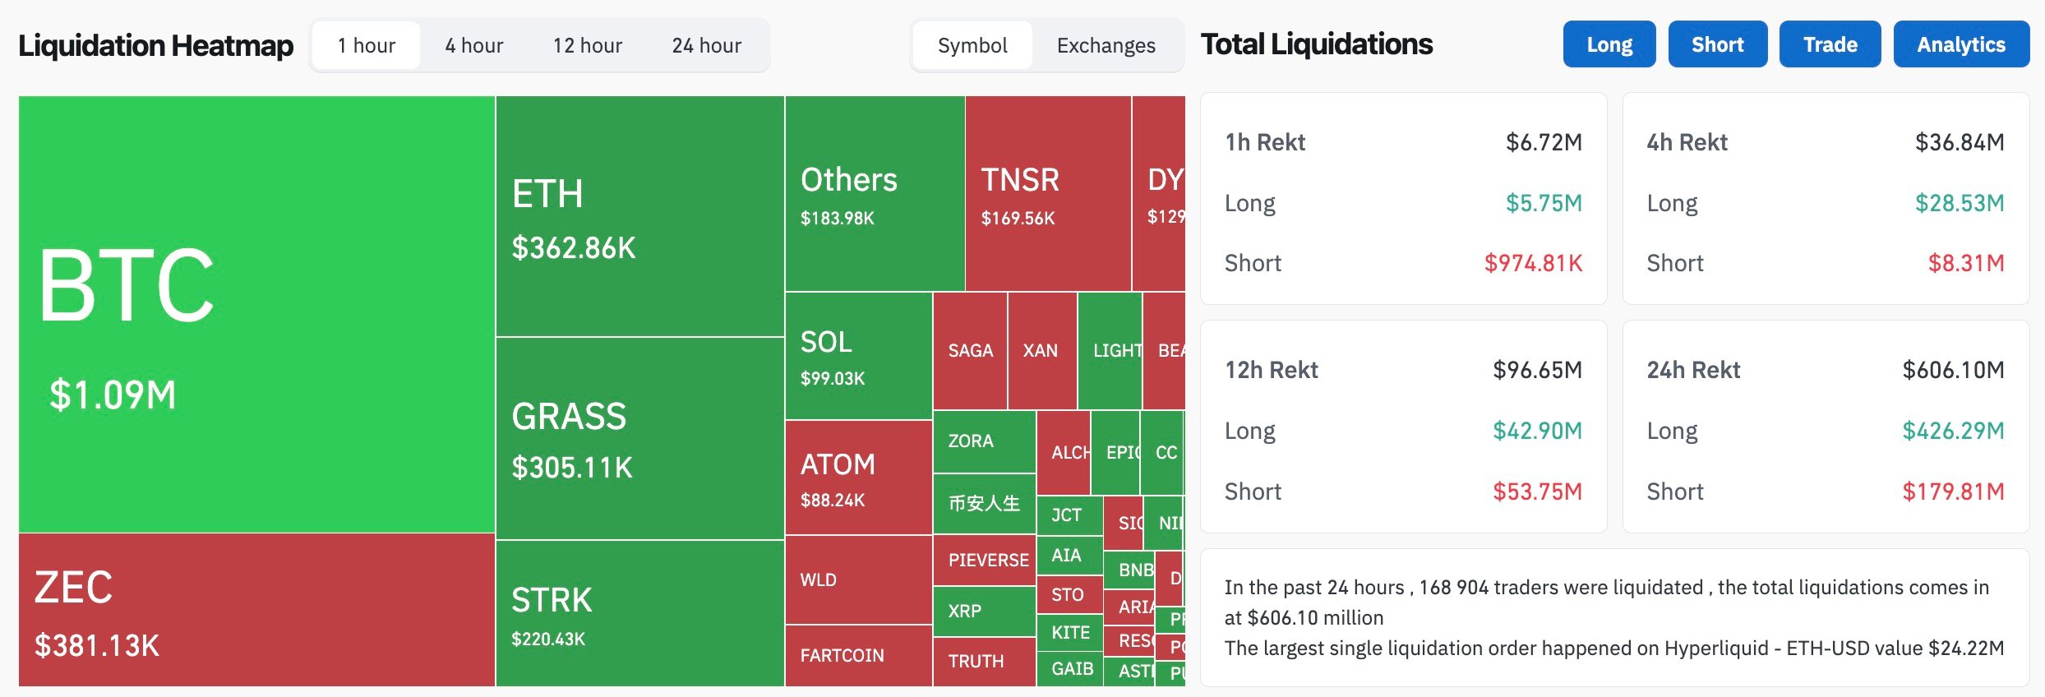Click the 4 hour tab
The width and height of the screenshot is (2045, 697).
point(474,45)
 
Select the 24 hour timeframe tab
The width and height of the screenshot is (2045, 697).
point(706,45)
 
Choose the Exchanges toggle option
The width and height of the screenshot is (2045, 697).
point(1106,45)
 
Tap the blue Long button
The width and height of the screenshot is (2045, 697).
point(1609,44)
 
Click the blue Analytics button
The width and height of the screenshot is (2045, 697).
point(1960,44)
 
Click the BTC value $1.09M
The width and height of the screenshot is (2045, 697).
point(113,395)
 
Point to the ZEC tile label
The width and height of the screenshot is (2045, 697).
point(74,587)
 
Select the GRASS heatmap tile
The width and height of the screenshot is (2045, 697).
point(639,438)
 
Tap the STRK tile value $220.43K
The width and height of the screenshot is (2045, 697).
point(548,639)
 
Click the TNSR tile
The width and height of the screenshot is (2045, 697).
point(1047,194)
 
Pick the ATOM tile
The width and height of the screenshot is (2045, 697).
point(858,478)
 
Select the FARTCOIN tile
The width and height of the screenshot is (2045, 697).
point(857,655)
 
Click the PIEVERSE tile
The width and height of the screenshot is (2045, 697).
point(984,561)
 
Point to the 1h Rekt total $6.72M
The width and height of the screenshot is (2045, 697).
point(1543,142)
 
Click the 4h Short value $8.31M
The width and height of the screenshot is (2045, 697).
point(1965,263)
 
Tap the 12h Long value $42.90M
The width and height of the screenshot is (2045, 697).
point(1536,431)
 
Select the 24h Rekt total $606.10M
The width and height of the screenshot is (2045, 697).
point(1952,370)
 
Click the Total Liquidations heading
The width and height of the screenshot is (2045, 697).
point(1317,44)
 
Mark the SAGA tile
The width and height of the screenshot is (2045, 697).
point(970,351)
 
